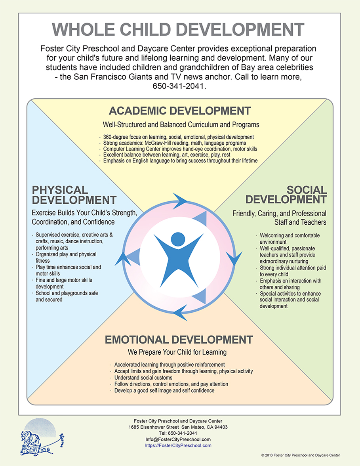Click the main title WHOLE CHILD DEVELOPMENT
[x=178, y=29]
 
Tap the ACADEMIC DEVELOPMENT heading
[x=180, y=111]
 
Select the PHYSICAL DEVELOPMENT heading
[x=74, y=195]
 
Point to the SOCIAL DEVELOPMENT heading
[x=286, y=195]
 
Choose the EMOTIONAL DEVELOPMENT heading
[x=179, y=340]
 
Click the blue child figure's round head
[x=178, y=239]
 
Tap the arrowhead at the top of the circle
[x=180, y=201]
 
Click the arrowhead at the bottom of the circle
[x=180, y=313]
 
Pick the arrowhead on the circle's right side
[x=234, y=258]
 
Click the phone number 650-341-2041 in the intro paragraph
[x=179, y=86]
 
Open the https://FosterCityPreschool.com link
[x=178, y=445]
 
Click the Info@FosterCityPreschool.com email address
[x=178, y=439]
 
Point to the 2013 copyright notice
[x=301, y=455]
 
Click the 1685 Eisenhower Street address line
[x=178, y=427]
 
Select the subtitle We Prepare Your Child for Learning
[x=177, y=352]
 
